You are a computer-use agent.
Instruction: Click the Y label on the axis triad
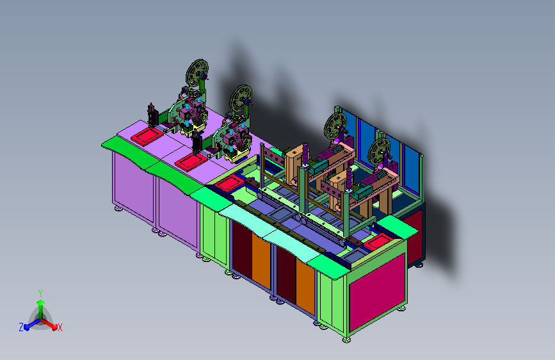(x=40, y=293)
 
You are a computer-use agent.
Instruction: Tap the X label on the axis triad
(x=60, y=327)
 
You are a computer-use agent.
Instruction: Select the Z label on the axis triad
(x=21, y=327)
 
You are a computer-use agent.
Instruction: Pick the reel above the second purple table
(x=241, y=98)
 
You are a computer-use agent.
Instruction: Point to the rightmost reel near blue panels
(x=379, y=151)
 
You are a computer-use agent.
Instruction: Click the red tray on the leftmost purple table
(x=147, y=136)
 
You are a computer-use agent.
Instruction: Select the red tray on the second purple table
(x=191, y=162)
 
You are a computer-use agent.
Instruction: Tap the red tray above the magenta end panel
(x=378, y=242)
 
